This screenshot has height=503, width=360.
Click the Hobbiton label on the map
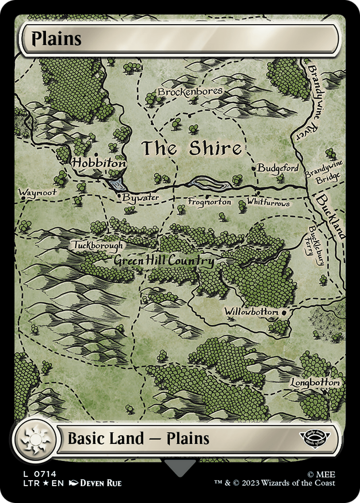pos(99,163)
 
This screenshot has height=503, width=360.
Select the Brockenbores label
pos(190,91)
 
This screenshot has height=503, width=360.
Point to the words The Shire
pos(191,148)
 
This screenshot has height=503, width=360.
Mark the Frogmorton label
pos(209,202)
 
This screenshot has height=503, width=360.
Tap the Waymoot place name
pos(37,192)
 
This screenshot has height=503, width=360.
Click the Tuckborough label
pos(99,245)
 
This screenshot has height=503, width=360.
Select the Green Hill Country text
pos(164,261)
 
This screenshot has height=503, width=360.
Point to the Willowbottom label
pos(251,312)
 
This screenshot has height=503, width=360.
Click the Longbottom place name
pos(316,383)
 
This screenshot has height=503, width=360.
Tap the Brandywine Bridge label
pos(324,173)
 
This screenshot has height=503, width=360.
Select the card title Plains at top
pos(56,39)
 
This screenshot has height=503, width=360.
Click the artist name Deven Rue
pos(101,483)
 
